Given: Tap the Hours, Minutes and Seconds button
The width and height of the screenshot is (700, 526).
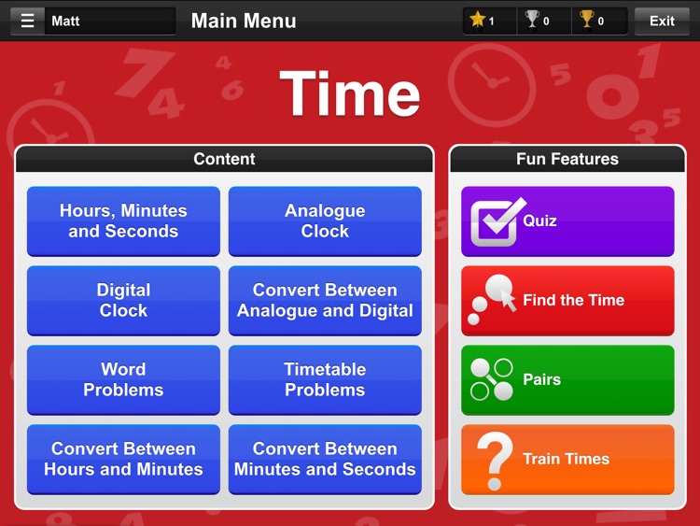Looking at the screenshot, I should (x=123, y=221).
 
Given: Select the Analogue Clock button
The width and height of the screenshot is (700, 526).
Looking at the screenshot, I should (x=325, y=221).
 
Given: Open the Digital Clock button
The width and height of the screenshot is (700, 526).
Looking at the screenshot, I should (x=123, y=301).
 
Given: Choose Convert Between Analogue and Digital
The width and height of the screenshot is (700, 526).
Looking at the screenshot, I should (x=325, y=301).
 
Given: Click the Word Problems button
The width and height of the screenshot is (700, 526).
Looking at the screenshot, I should (x=123, y=380).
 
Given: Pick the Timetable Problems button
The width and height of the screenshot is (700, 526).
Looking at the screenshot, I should (x=325, y=380).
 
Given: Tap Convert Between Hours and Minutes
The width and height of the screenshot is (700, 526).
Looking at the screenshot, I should (x=123, y=460).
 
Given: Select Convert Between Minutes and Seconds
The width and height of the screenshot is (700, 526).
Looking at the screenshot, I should (x=325, y=460).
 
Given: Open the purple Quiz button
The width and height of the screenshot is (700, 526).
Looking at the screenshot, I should (x=567, y=221).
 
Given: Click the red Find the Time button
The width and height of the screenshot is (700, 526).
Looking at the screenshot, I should (x=567, y=301).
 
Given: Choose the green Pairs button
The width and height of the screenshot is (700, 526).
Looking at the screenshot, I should (x=567, y=380).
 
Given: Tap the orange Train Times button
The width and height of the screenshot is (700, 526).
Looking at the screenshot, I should (x=567, y=460).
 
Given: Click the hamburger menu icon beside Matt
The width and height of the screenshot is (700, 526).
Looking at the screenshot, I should (x=27, y=21).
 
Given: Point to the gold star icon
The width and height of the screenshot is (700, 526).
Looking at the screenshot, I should (x=478, y=20).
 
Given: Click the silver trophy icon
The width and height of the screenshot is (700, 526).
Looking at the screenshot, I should (x=532, y=20).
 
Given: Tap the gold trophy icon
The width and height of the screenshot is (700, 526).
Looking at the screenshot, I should (x=586, y=20).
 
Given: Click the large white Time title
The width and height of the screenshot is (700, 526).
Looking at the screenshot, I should (x=350, y=93).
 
